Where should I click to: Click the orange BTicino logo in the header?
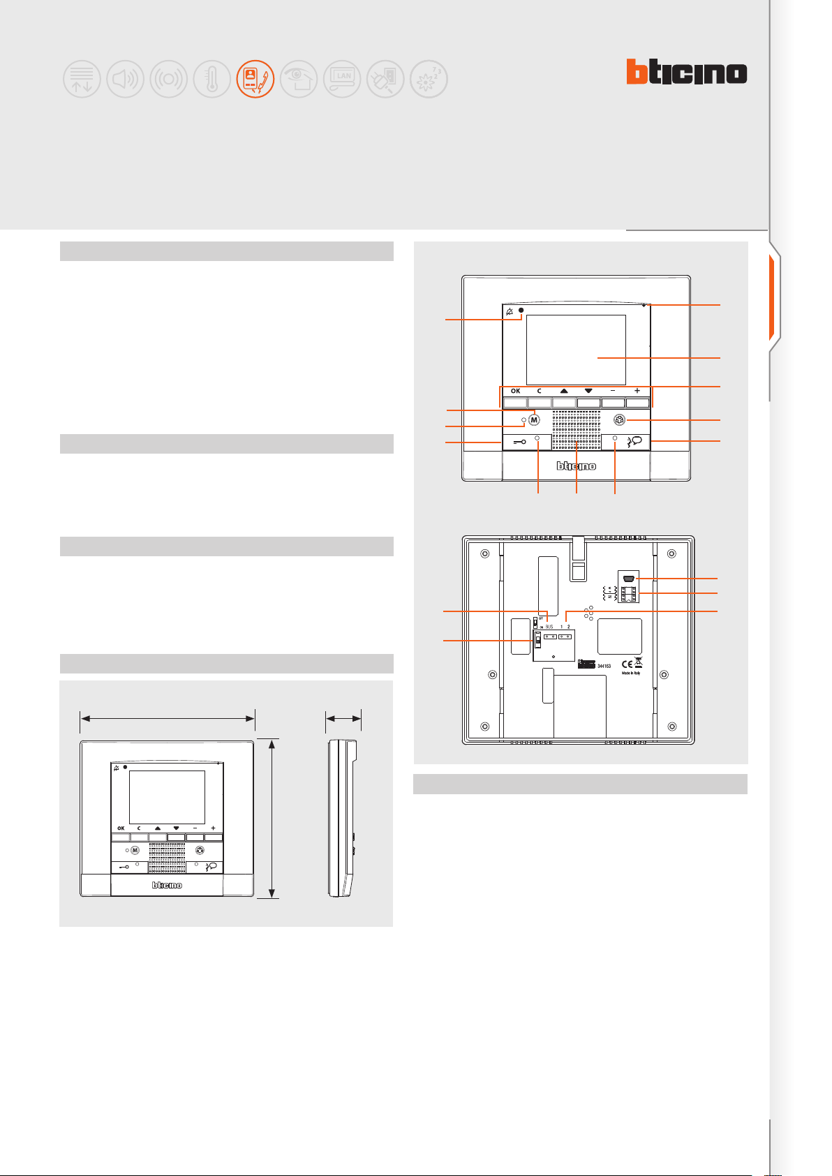pos(686,73)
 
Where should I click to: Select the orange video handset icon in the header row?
pos(255,79)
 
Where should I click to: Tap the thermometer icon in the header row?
pos(212,79)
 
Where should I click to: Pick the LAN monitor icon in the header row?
pos(342,79)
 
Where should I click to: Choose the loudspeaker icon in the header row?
pos(126,79)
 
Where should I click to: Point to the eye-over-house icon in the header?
pos(299,79)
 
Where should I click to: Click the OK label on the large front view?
pos(515,392)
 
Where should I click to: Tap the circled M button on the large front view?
pos(535,420)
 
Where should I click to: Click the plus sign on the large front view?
pos(637,392)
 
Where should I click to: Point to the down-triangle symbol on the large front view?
pos(588,392)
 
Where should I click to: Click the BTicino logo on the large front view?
pos(576,466)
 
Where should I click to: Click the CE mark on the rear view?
pos(627,664)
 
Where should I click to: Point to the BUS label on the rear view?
pos(549,627)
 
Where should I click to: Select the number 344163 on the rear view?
pos(604,667)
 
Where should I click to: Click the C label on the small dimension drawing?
pos(139,828)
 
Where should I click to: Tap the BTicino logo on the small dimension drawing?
pos(168,885)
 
